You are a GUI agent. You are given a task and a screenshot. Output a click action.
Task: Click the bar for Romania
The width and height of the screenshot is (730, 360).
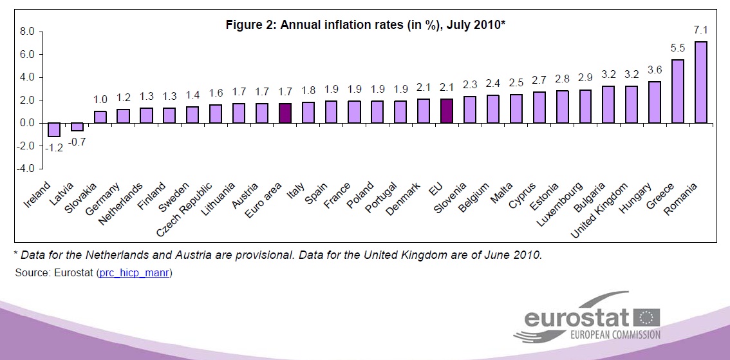[x=700, y=82]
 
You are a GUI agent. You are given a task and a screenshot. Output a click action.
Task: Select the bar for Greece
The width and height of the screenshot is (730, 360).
[x=677, y=91]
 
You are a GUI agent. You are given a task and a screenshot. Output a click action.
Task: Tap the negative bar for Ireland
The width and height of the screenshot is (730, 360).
[x=53, y=129]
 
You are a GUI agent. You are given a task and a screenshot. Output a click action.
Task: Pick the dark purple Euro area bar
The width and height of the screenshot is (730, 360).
[x=285, y=113]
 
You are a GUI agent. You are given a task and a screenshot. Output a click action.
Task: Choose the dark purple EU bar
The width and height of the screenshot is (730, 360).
[x=447, y=111]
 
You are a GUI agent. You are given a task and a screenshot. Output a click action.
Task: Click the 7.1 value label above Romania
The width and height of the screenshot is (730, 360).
[x=700, y=30]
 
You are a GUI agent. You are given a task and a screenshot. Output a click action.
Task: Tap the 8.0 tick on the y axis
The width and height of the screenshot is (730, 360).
[x=26, y=31]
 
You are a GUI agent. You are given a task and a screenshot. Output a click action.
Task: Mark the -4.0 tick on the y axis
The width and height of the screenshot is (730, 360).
[x=26, y=169]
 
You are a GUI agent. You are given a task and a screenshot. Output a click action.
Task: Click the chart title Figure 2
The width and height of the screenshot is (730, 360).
[x=365, y=25]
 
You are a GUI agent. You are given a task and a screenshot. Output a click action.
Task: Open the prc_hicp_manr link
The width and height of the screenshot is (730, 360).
[x=135, y=273]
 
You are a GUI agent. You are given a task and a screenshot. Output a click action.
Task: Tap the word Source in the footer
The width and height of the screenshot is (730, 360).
[x=30, y=273]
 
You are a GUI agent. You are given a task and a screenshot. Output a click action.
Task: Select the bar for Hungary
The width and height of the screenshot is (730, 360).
[x=654, y=102]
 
